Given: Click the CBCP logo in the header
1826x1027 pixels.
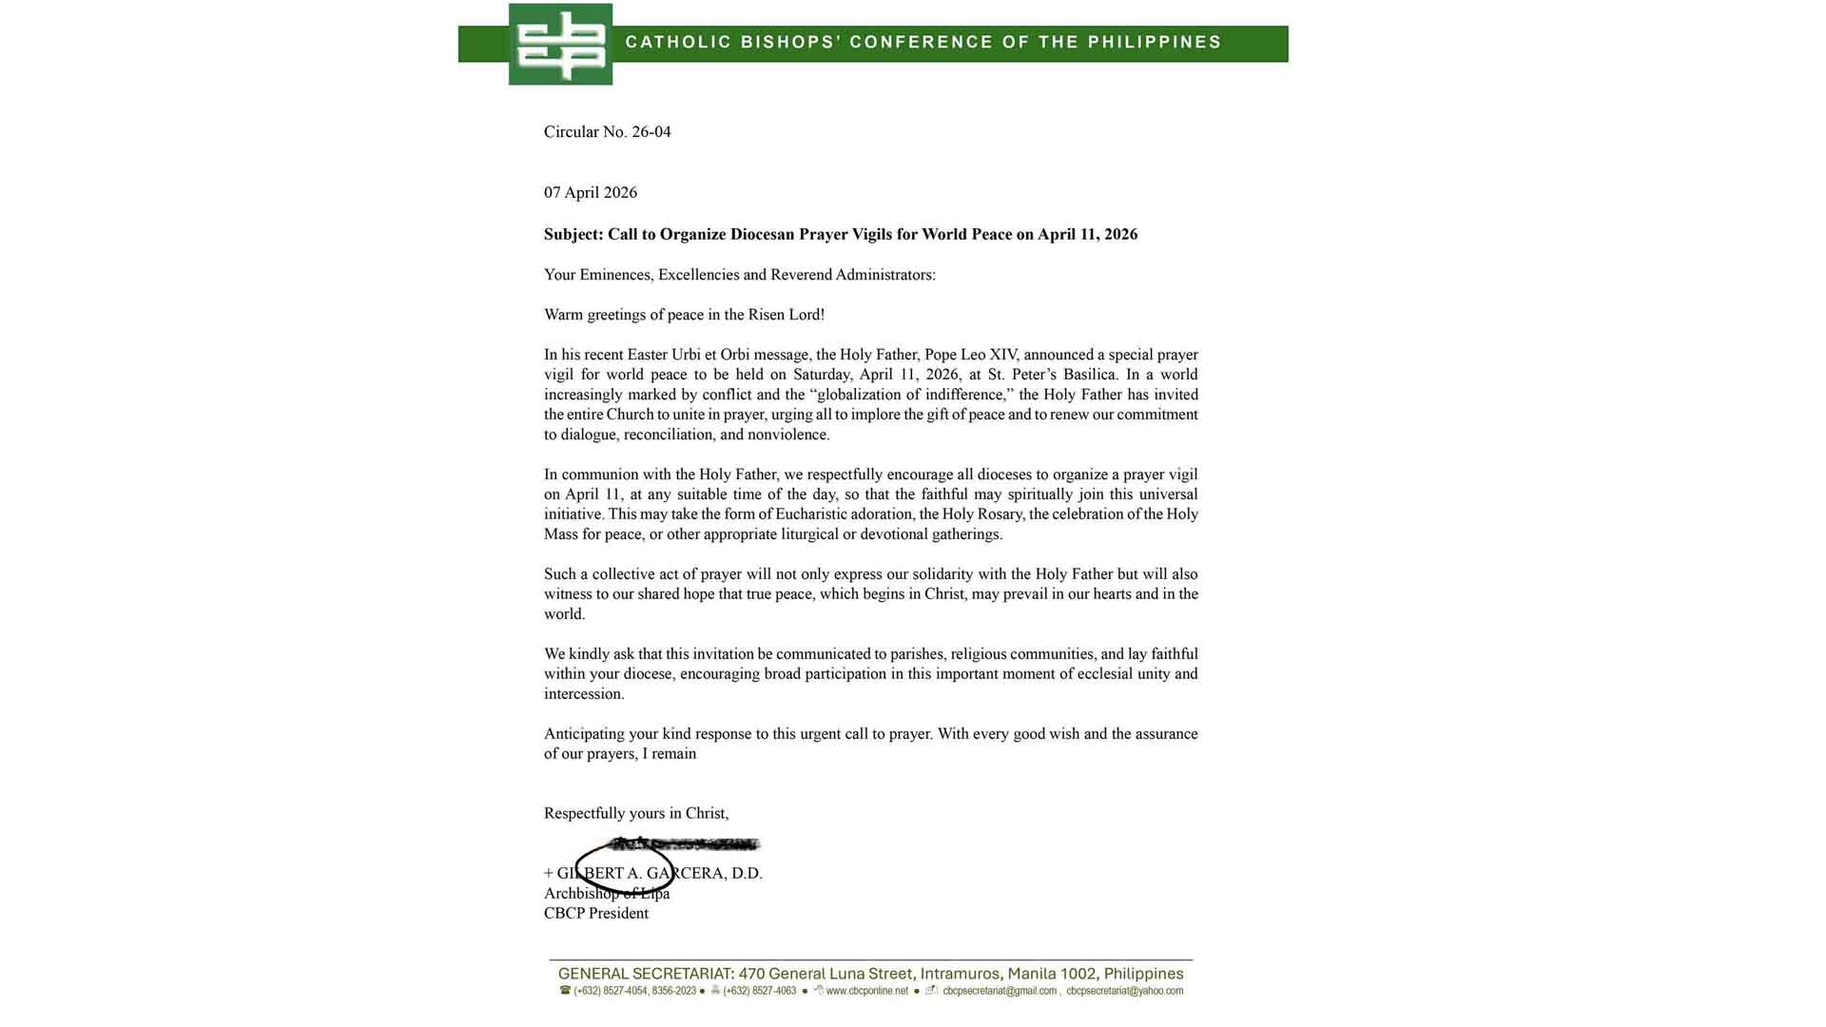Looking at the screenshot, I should [560, 44].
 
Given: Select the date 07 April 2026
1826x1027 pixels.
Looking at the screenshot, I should [591, 193].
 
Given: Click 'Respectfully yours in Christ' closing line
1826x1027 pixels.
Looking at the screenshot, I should [636, 814].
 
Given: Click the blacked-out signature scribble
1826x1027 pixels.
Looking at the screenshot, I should [685, 843].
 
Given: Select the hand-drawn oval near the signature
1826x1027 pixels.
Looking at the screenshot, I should [626, 867].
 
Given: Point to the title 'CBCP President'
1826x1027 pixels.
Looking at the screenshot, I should [596, 914].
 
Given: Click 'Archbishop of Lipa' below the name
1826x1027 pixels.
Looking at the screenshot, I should [607, 894].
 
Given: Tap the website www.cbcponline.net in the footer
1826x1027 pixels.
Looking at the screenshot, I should [866, 991].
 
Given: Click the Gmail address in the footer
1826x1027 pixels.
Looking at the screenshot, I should [1000, 991].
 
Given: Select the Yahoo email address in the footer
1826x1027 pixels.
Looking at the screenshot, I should [1124, 991].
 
